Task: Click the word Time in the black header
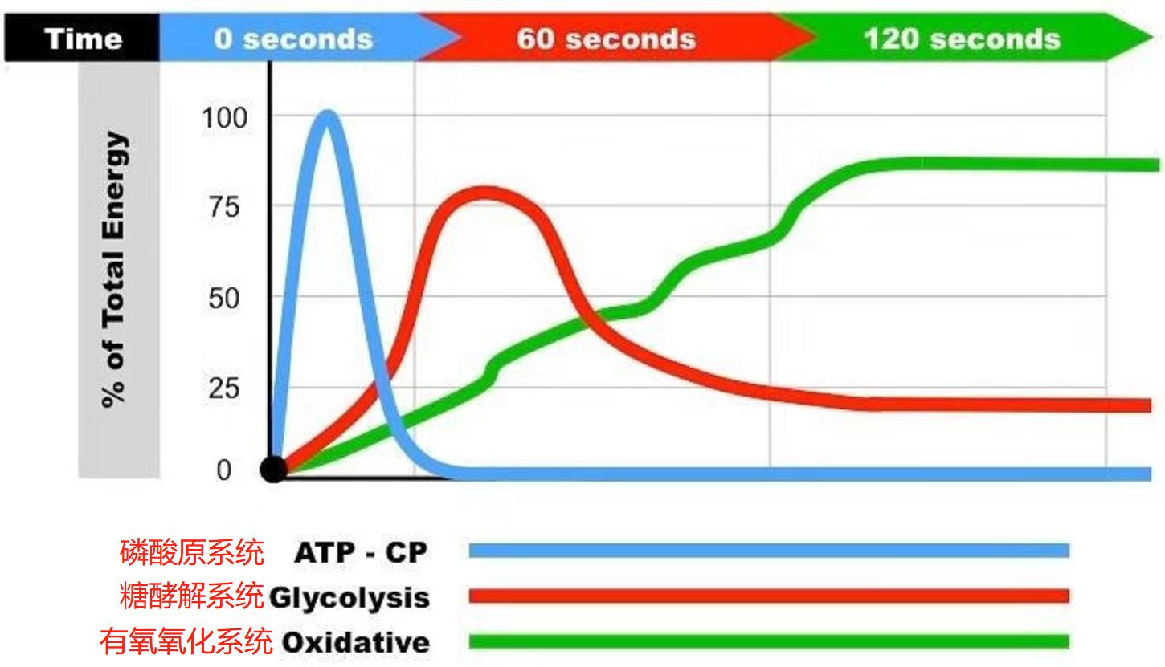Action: pos(84,39)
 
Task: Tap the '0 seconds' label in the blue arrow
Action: pos(293,39)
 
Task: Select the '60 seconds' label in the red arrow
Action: pos(606,39)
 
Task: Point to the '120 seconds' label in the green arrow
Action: pos(962,39)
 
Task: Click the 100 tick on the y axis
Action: pos(224,118)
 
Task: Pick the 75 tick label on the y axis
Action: pos(226,207)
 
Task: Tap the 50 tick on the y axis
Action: pos(226,299)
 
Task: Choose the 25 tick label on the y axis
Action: pos(226,388)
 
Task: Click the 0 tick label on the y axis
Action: pos(224,470)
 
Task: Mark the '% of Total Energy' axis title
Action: pos(116,270)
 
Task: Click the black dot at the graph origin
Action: pos(273,470)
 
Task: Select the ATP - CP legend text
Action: pos(361,552)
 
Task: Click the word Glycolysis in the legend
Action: pos(349,598)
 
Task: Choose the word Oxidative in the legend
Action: pos(356,642)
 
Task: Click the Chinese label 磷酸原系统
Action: pos(191,552)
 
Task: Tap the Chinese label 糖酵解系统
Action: pos(191,596)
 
